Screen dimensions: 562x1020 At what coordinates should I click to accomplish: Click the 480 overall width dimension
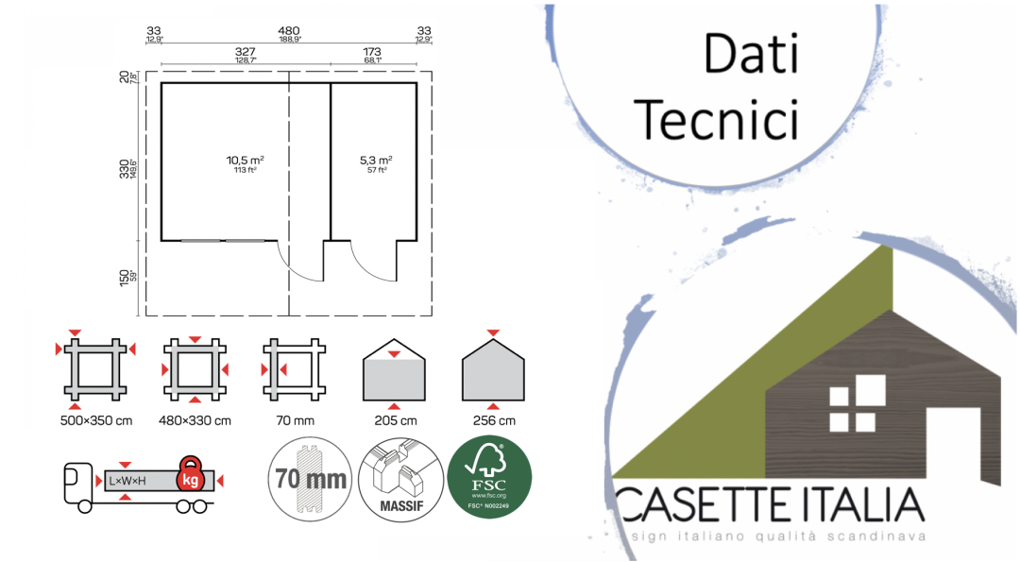(289, 30)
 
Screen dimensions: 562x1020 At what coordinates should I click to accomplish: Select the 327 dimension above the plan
(246, 51)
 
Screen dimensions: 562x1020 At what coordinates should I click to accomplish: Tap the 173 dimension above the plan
(372, 51)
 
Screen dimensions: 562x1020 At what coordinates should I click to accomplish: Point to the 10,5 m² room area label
(245, 162)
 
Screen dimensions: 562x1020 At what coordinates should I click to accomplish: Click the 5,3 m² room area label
(375, 162)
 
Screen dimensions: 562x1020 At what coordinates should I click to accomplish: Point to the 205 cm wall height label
(394, 420)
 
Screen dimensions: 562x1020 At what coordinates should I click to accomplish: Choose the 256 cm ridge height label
(494, 420)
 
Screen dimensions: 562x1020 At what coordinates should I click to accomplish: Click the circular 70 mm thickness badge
(310, 478)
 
